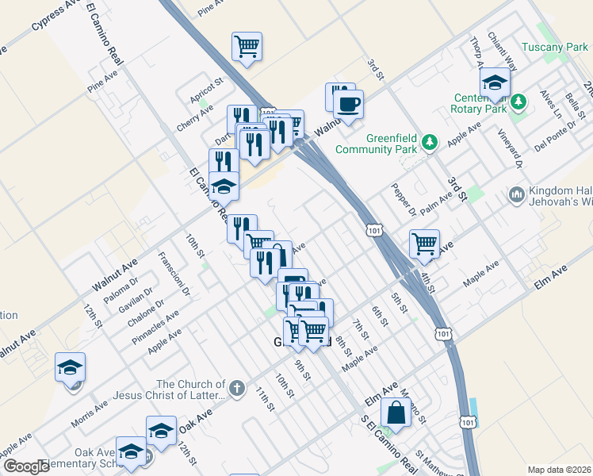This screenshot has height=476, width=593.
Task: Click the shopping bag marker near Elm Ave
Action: point(395,414)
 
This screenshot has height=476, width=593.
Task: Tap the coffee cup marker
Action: point(348,104)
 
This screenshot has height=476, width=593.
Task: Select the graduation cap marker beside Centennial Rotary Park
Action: point(495,83)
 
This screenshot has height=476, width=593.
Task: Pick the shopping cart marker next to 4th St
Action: point(425,244)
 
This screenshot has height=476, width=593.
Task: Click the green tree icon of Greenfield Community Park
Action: point(430,142)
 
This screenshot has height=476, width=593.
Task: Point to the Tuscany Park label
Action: point(555,48)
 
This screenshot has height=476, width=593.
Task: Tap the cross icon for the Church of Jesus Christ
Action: point(236,388)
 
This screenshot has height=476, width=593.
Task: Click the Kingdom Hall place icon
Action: point(516,194)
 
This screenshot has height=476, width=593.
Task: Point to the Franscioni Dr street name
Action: point(174,274)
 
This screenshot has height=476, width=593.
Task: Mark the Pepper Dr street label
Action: point(404,201)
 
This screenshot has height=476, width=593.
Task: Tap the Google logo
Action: point(26,466)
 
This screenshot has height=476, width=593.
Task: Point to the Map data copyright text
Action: point(559,470)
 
